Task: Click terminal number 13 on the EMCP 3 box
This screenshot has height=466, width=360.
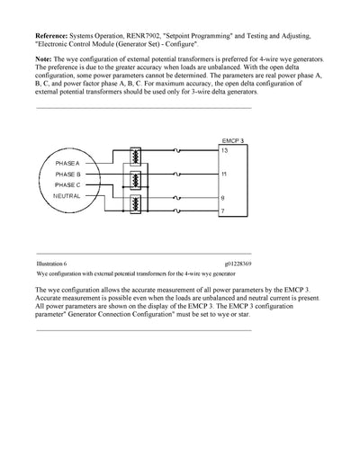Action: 225,150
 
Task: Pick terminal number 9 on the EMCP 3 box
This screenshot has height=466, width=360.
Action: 224,195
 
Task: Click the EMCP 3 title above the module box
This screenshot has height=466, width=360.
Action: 232,140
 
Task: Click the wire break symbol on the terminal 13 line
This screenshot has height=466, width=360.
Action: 179,150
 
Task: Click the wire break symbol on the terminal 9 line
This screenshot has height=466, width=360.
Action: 179,195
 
